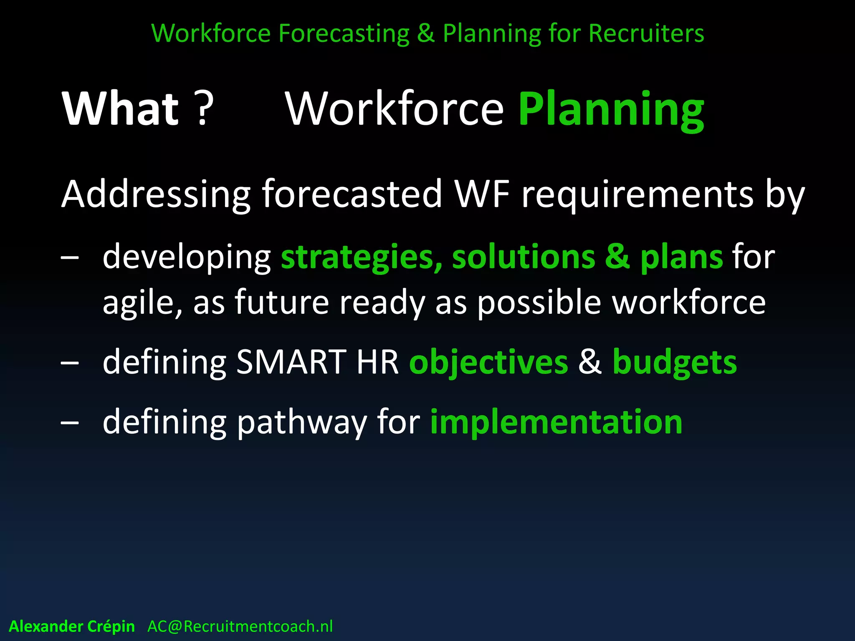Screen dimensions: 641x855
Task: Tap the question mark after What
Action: point(204,109)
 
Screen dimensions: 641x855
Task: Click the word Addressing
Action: point(155,194)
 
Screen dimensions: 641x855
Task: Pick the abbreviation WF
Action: point(482,194)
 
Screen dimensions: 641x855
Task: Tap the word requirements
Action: point(637,194)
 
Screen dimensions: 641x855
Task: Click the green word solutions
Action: point(524,257)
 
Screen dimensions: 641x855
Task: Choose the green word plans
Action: point(681,257)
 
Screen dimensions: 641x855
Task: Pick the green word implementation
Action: point(556,422)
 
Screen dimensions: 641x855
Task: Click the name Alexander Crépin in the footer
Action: point(72,626)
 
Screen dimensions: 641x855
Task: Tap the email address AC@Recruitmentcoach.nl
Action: point(240,626)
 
